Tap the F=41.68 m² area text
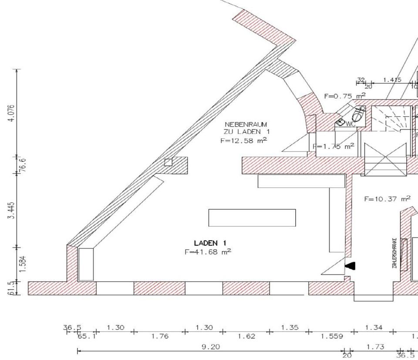pos(208,251)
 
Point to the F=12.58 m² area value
pos(243,140)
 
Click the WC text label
pos(351,124)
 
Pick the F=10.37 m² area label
pos(387,199)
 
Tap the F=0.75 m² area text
pos(344,96)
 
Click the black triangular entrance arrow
pos(350,265)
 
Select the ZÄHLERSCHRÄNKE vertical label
pos(394,253)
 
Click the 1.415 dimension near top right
pos(392,80)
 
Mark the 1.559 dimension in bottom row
pos(331,336)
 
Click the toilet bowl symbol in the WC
pos(359,114)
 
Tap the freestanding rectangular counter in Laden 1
pos(252,217)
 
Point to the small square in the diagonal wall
pos(168,163)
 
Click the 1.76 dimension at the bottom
pos(158,336)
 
